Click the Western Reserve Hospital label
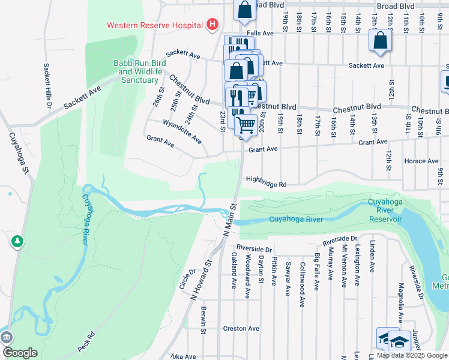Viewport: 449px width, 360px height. coord(155,25)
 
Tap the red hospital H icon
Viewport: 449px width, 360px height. coord(211,25)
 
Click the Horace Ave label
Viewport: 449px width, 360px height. coord(421,161)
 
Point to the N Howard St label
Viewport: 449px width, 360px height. coord(201,280)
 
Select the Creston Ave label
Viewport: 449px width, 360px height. coord(241,328)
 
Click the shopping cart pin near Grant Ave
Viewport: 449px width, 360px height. coord(246,124)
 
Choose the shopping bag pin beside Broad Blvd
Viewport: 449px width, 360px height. coord(244,10)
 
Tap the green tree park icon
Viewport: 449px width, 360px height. coord(18,241)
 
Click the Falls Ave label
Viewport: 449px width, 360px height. coord(260,34)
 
